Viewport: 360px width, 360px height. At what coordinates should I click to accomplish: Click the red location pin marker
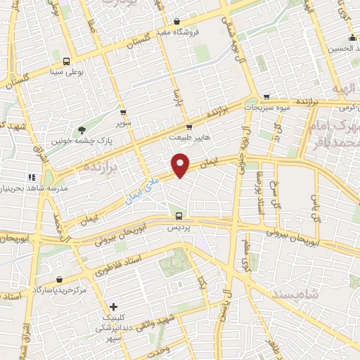(x=181, y=165)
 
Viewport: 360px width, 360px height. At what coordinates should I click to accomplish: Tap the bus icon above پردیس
(x=179, y=216)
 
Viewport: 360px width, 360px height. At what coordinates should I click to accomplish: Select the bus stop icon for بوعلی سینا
(x=67, y=60)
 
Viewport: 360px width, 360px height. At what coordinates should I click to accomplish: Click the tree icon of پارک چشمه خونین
(x=82, y=129)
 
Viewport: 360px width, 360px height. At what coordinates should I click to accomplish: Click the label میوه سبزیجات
(x=266, y=108)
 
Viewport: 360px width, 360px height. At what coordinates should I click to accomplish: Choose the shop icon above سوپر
(x=123, y=112)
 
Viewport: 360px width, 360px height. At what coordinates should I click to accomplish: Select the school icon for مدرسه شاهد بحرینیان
(x=31, y=177)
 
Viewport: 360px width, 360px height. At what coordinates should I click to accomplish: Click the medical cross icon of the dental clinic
(x=114, y=307)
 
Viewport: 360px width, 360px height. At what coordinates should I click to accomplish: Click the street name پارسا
(x=178, y=96)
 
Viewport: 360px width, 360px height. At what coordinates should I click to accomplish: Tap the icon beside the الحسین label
(x=352, y=38)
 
